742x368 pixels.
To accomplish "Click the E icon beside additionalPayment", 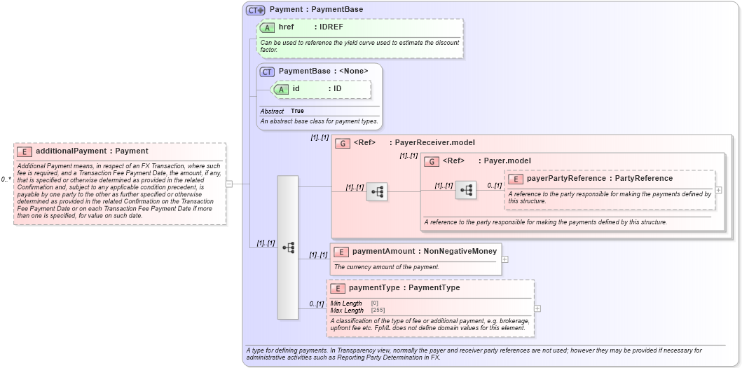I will [25, 151].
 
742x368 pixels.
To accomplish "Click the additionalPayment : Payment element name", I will [92, 151].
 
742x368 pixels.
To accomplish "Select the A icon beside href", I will [267, 28].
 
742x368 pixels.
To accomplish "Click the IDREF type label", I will [331, 27].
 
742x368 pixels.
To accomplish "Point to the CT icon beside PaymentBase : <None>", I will [267, 71].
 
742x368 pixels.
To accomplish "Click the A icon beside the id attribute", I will [281, 89].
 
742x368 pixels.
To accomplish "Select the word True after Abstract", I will [298, 111].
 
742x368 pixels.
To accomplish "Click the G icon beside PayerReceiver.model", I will [343, 144].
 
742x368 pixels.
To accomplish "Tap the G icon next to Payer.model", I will [432, 161].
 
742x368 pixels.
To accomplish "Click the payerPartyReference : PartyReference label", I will [599, 179].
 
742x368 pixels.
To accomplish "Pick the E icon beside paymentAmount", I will [341, 252].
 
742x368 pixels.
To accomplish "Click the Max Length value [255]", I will [378, 311].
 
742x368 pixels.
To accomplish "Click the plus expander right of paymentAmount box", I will [505, 259].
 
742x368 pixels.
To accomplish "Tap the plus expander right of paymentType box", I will [537, 308].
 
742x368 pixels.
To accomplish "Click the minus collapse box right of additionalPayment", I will [229, 184].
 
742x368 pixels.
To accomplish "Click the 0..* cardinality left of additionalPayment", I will [6, 180].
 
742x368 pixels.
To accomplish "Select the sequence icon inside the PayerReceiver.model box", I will [377, 191].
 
